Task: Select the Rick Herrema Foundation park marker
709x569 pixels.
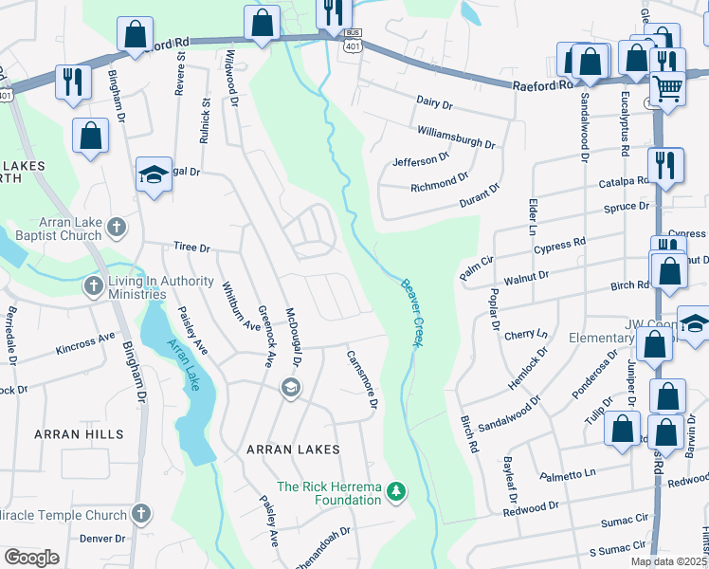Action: (x=398, y=491)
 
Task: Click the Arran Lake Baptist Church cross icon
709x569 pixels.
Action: (x=116, y=226)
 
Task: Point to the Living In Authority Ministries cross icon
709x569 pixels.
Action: (x=93, y=284)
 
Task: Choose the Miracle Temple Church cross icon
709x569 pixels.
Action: (x=140, y=515)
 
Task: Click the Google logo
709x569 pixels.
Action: (x=31, y=557)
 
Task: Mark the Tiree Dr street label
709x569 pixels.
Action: (x=191, y=247)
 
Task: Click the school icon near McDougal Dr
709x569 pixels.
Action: (x=290, y=387)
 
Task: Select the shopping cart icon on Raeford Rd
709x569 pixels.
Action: (x=668, y=89)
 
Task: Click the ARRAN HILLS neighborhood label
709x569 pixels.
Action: (x=79, y=433)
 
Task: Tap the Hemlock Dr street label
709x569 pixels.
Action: (x=523, y=362)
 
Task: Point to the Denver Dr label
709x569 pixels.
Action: (x=102, y=538)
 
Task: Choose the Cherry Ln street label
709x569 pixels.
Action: (x=526, y=335)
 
